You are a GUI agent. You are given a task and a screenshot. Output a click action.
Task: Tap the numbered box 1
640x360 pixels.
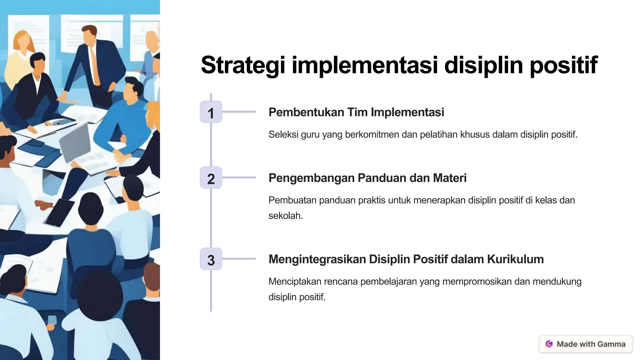(211, 112)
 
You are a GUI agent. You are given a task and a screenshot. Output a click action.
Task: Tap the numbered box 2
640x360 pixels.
(211, 177)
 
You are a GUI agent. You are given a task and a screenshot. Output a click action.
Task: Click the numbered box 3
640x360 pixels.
(211, 259)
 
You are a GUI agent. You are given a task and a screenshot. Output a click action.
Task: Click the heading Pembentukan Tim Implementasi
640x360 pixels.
(356, 112)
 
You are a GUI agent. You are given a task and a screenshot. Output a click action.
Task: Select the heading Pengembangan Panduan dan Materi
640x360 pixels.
(367, 178)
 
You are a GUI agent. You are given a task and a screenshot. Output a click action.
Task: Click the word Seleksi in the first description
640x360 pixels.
(283, 135)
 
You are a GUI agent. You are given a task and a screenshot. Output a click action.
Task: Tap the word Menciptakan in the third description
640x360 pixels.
(295, 282)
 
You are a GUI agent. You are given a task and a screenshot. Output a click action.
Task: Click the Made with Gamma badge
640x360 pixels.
(586, 344)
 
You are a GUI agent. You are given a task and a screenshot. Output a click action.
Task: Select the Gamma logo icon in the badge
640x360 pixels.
(549, 344)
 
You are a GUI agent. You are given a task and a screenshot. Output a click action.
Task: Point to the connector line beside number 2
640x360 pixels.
(239, 177)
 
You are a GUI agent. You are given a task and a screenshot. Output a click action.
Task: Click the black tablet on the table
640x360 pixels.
(59, 212)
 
